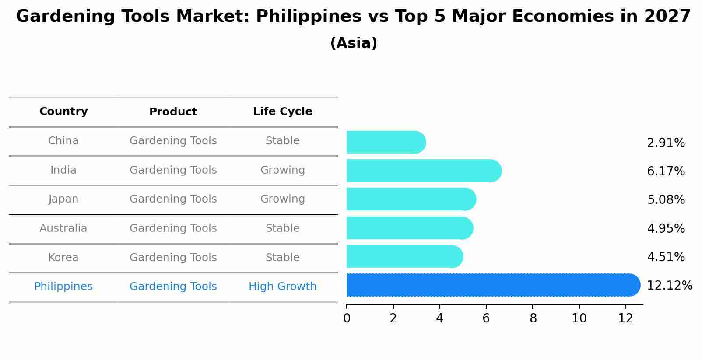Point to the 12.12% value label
pyautogui.click(x=669, y=286)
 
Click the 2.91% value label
pyautogui.click(x=666, y=143)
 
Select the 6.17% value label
pyautogui.click(x=666, y=171)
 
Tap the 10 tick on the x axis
pyautogui.click(x=579, y=318)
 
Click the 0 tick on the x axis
pyautogui.click(x=347, y=318)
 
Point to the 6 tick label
pyautogui.click(x=486, y=318)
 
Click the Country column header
pyautogui.click(x=63, y=112)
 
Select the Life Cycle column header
pyautogui.click(x=282, y=112)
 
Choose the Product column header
pyautogui.click(x=173, y=112)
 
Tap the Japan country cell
pyautogui.click(x=63, y=199)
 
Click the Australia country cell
pyautogui.click(x=63, y=228)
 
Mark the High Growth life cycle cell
pyautogui.click(x=282, y=287)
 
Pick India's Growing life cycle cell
pyautogui.click(x=282, y=170)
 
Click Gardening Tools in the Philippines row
pyautogui.click(x=173, y=287)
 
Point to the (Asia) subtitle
pyautogui.click(x=354, y=43)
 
